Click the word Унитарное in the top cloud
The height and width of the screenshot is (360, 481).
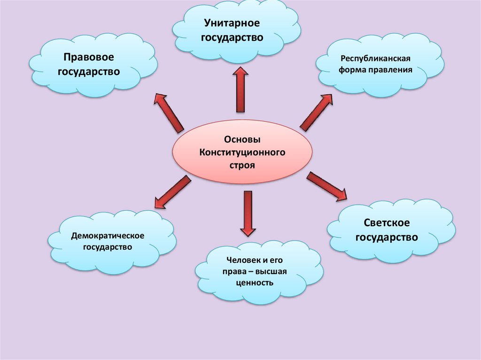click(x=232, y=23)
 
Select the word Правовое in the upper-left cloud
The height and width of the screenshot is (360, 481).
click(x=89, y=57)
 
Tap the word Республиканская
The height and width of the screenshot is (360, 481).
click(x=376, y=60)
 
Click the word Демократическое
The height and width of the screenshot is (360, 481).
click(x=108, y=234)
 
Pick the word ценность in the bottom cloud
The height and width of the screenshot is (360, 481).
click(x=255, y=283)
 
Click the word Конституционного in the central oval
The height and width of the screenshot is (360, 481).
click(x=242, y=153)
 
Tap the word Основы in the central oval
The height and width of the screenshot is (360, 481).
click(x=242, y=140)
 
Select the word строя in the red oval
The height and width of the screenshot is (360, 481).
click(x=242, y=166)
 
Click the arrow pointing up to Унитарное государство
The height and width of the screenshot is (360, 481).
click(x=240, y=89)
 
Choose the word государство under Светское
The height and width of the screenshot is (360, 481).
click(x=387, y=237)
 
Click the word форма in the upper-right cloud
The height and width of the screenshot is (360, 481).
click(x=359, y=70)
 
